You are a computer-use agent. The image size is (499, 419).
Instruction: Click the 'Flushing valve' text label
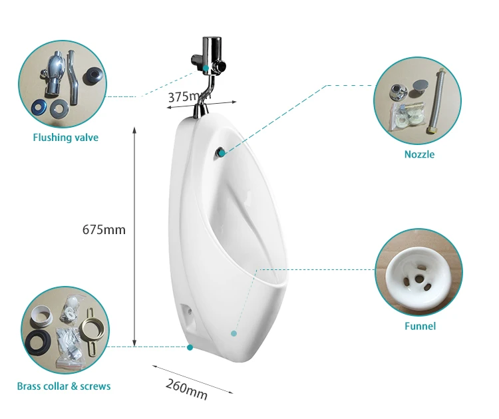pyautogui.click(x=65, y=138)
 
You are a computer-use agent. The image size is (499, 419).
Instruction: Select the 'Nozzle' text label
pyautogui.click(x=419, y=154)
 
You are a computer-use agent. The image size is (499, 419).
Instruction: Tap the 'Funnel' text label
pyautogui.click(x=420, y=326)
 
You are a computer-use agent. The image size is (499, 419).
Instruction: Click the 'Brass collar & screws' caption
pyautogui.click(x=64, y=386)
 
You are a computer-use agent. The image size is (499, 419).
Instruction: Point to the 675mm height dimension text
pyautogui.click(x=104, y=229)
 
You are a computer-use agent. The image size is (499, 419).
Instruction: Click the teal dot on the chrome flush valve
pyautogui.click(x=207, y=68)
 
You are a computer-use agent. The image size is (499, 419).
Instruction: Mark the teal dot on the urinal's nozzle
pyautogui.click(x=221, y=154)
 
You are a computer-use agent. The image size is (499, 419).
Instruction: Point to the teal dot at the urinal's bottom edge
pyautogui.click(x=190, y=347)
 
